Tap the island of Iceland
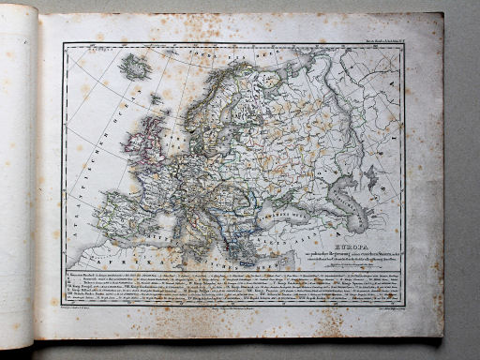point(136,67)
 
